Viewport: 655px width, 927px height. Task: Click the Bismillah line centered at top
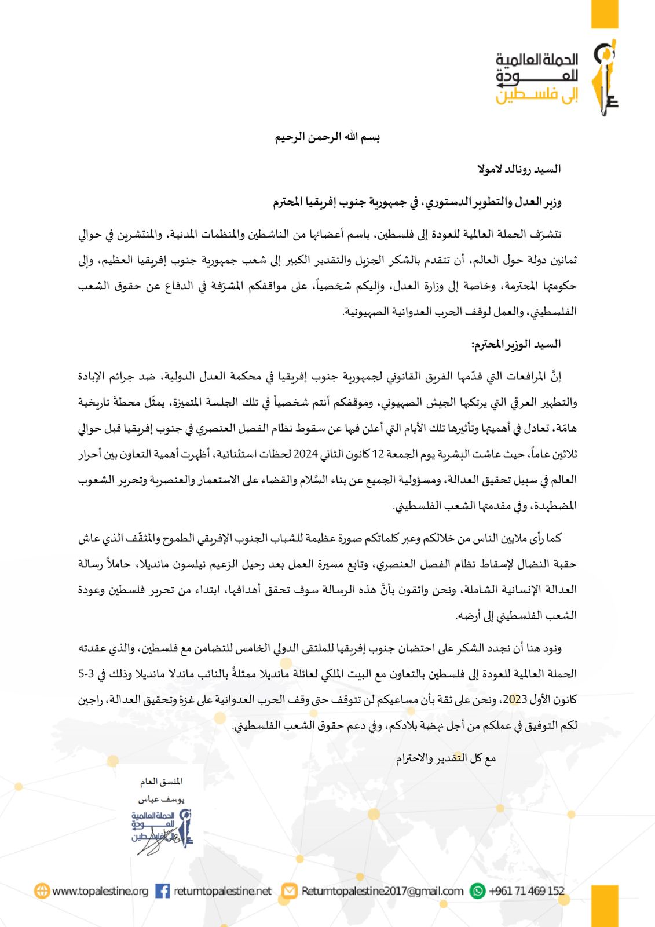coord(327,137)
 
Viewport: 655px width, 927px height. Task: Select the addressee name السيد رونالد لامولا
coord(519,169)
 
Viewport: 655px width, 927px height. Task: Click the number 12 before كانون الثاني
coord(378,454)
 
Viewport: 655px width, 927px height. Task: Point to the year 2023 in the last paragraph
coord(515,699)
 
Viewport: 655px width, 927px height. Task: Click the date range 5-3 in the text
coord(86,674)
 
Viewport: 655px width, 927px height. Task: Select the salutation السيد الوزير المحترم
coord(516,345)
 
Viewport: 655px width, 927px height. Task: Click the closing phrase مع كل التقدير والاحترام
coord(446,758)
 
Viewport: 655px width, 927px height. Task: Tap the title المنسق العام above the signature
coord(161,782)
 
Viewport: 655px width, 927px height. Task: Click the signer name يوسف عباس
coord(161,799)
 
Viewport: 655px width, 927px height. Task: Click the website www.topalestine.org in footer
coord(100,891)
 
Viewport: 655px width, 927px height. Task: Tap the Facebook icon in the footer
coord(163,891)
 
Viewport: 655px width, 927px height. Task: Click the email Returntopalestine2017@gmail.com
coord(382,891)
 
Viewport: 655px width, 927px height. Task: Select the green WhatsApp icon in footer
coord(478,891)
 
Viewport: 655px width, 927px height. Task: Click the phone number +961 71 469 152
coord(526,891)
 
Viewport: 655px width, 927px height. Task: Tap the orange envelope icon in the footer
coord(289,891)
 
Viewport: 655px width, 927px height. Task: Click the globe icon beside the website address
coord(42,891)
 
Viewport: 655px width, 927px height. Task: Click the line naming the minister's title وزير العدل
coord(417,202)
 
